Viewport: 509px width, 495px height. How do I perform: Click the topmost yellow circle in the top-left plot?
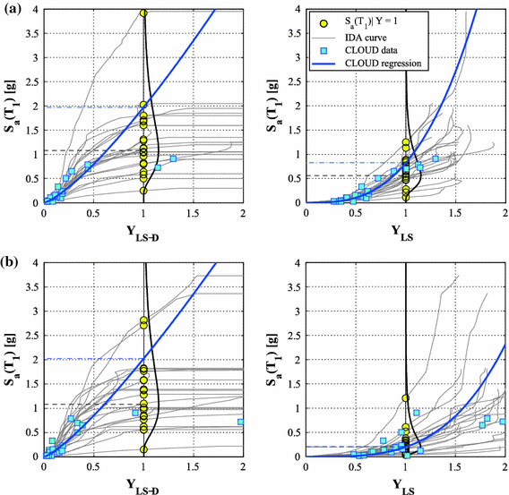143,13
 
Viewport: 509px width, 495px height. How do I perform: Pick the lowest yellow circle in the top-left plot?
143,191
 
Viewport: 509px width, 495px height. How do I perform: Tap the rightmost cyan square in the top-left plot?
174,159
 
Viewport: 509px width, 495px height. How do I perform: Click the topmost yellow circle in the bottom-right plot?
405,397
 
